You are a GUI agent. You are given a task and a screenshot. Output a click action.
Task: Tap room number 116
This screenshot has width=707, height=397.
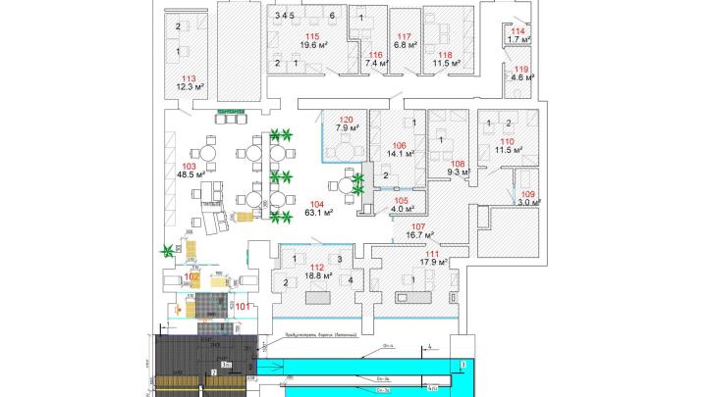373,54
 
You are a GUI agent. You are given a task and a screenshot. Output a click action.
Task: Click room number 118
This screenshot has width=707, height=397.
446,54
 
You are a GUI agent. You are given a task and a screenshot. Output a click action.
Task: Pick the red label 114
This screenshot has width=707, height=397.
519,31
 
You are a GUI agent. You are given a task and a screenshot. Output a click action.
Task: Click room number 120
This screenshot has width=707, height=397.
346,119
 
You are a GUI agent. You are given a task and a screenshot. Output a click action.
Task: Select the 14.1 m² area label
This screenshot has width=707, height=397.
400,153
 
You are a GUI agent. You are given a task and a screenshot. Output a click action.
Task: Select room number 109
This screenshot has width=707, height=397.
528,195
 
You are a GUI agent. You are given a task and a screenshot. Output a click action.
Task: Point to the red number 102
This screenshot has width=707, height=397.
191,277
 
